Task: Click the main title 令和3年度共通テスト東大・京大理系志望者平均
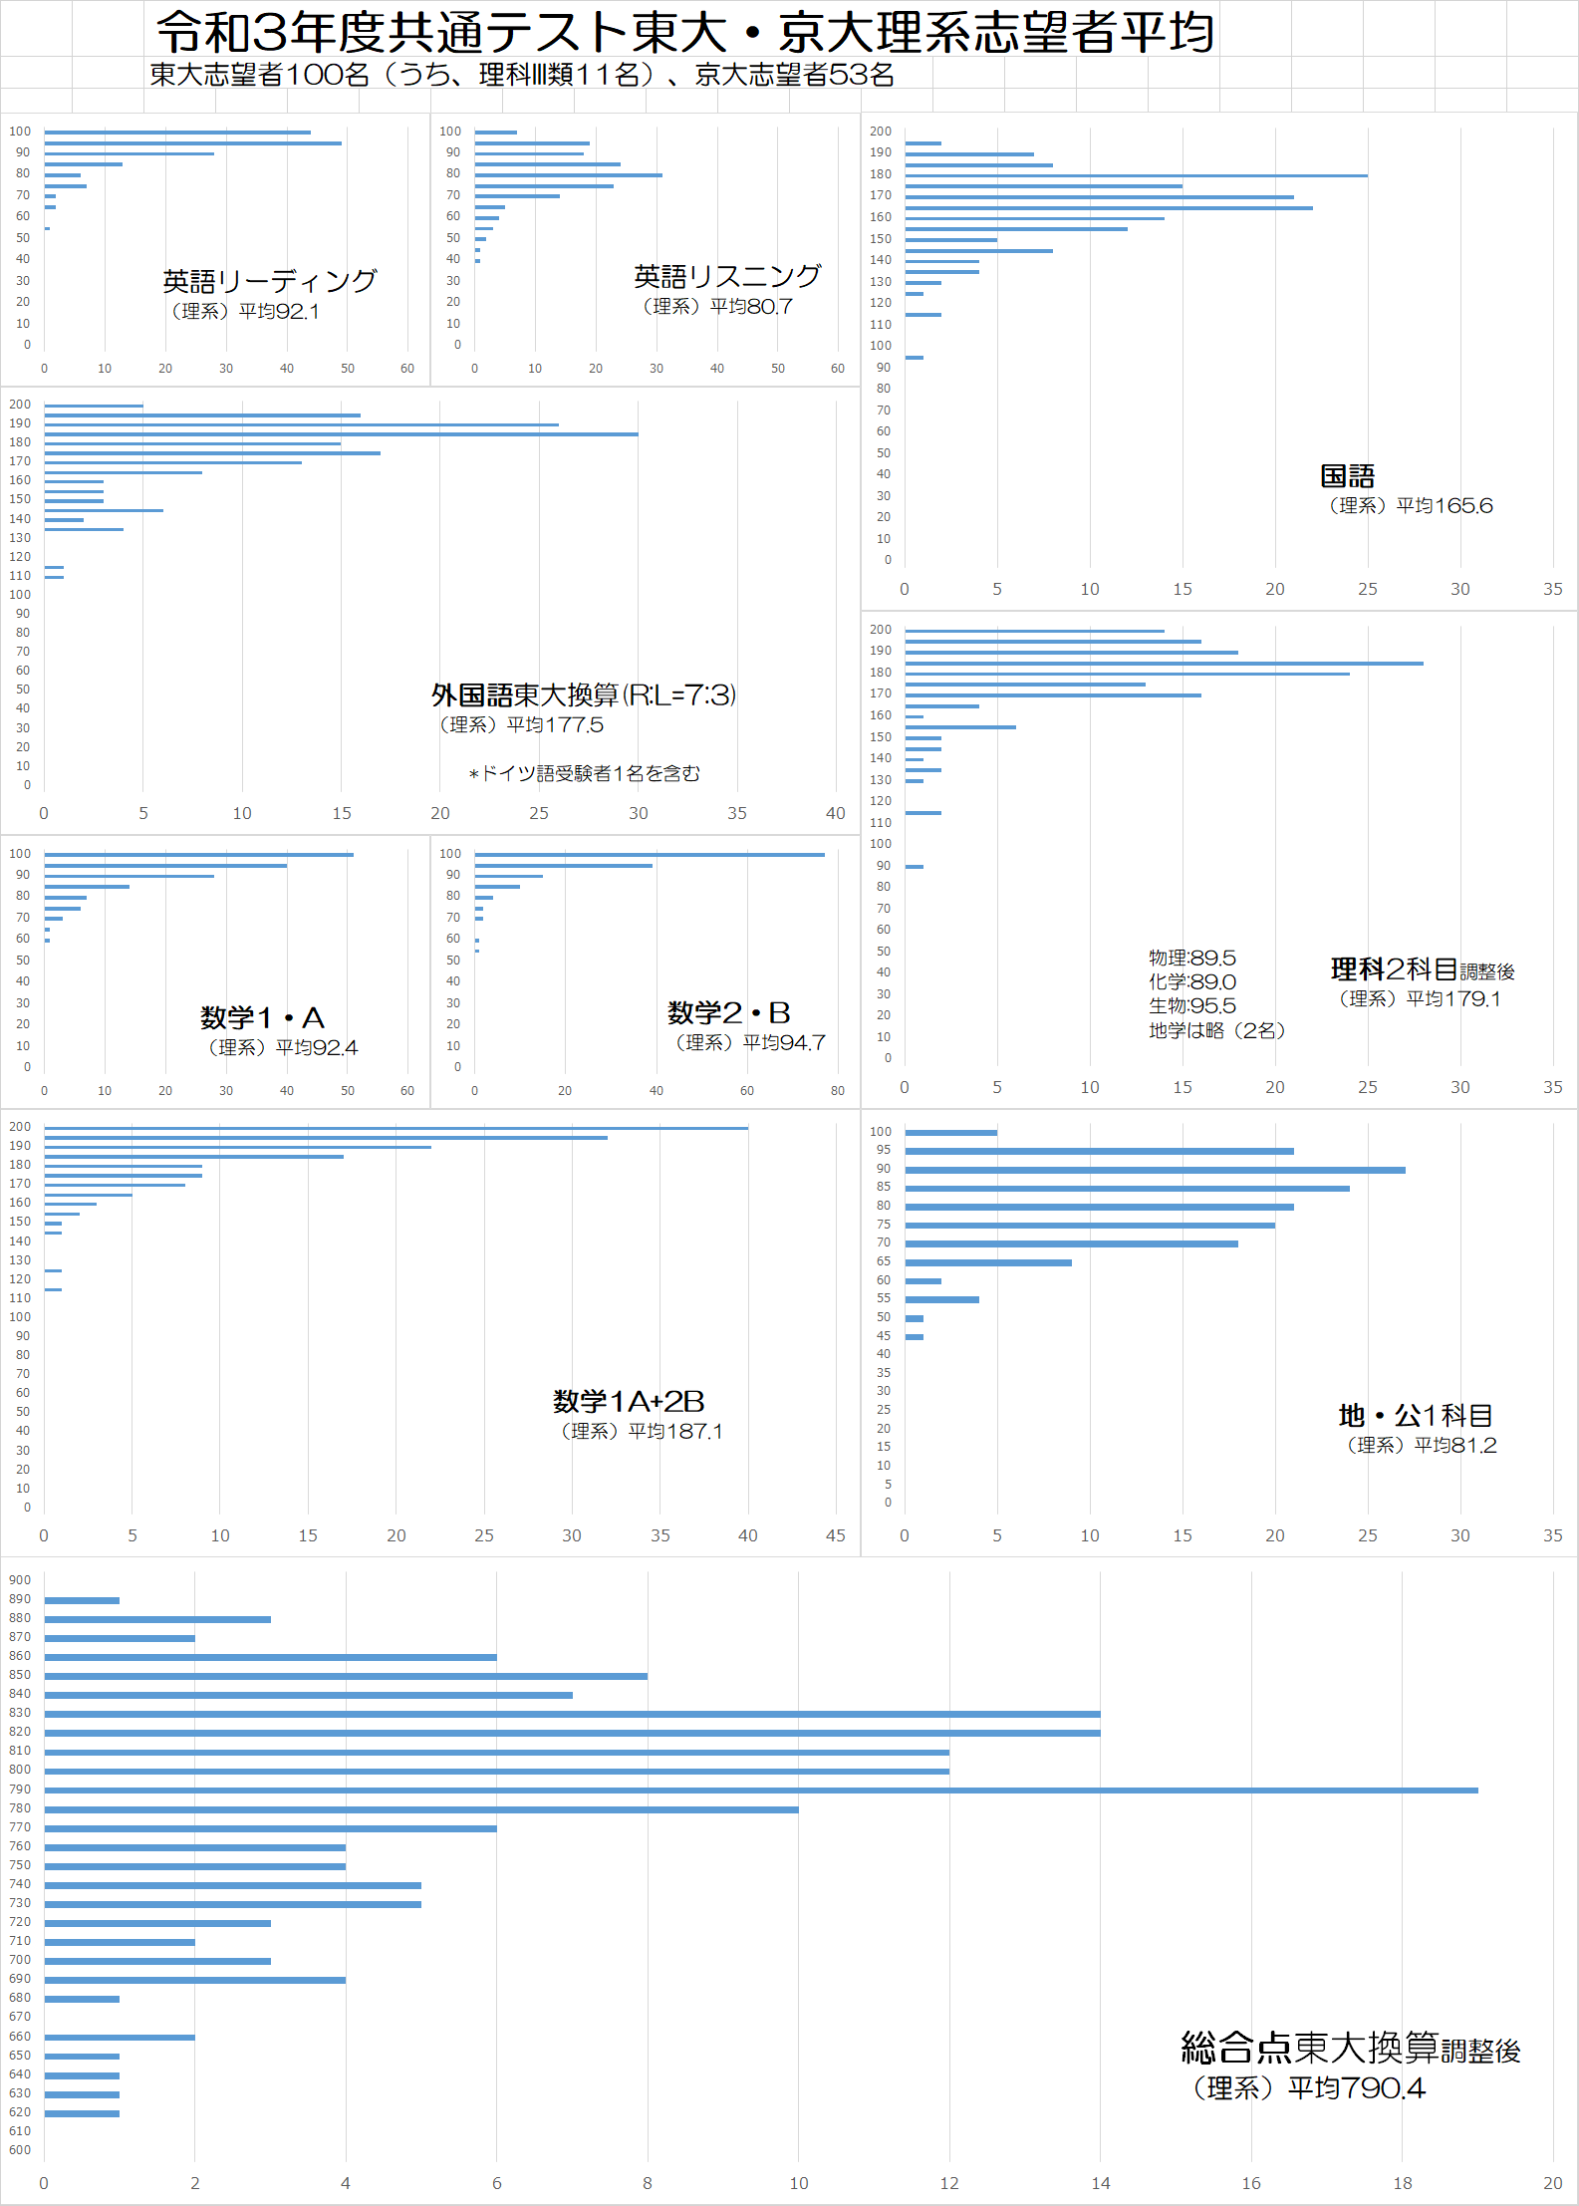click(x=685, y=32)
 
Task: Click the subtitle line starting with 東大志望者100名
click(x=522, y=75)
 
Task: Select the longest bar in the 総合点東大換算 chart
click(x=761, y=1791)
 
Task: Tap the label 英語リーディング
click(x=270, y=281)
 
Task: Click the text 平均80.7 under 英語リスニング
click(x=751, y=307)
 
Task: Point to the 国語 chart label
click(x=1347, y=476)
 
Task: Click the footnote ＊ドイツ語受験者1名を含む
click(x=584, y=773)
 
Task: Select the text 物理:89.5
click(x=1192, y=958)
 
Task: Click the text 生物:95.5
click(x=1192, y=1005)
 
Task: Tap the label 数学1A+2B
click(x=629, y=1401)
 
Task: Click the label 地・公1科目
click(x=1416, y=1415)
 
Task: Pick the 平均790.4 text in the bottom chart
click(x=1356, y=2087)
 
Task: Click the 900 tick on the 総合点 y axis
click(x=20, y=1580)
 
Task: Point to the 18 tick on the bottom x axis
click(x=1403, y=2183)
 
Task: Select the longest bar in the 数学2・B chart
click(x=650, y=855)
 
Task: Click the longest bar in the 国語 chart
click(x=1137, y=175)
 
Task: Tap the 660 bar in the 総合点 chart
click(x=120, y=2038)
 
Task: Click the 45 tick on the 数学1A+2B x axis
click(x=836, y=1535)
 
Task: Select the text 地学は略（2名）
click(x=1216, y=1030)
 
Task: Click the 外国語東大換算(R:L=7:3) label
click(x=584, y=694)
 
